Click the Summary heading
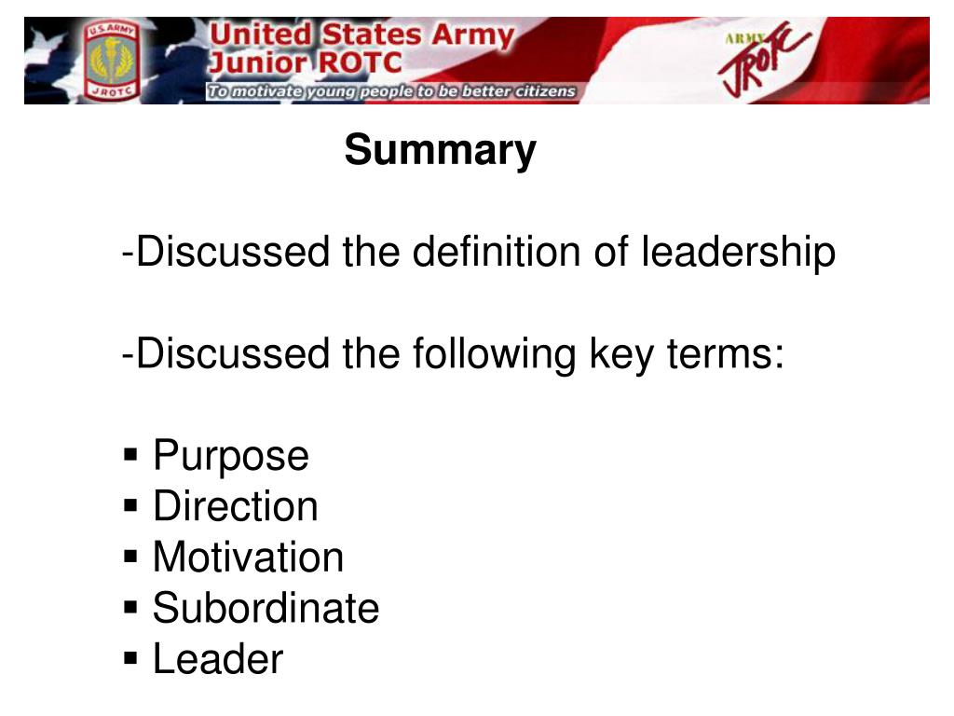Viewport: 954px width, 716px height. [x=440, y=150]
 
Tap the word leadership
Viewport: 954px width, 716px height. [x=738, y=252]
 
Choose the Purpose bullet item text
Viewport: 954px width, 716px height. [x=230, y=456]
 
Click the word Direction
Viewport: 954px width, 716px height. [x=235, y=506]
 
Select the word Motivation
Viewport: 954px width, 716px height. [x=248, y=558]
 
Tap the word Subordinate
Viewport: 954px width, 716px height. [x=266, y=608]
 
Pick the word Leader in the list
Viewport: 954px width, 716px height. [x=217, y=659]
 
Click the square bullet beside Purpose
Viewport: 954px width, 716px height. [x=131, y=456]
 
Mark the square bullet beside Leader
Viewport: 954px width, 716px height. [x=131, y=659]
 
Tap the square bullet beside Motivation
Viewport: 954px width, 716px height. [x=131, y=558]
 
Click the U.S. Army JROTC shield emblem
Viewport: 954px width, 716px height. [x=111, y=61]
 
